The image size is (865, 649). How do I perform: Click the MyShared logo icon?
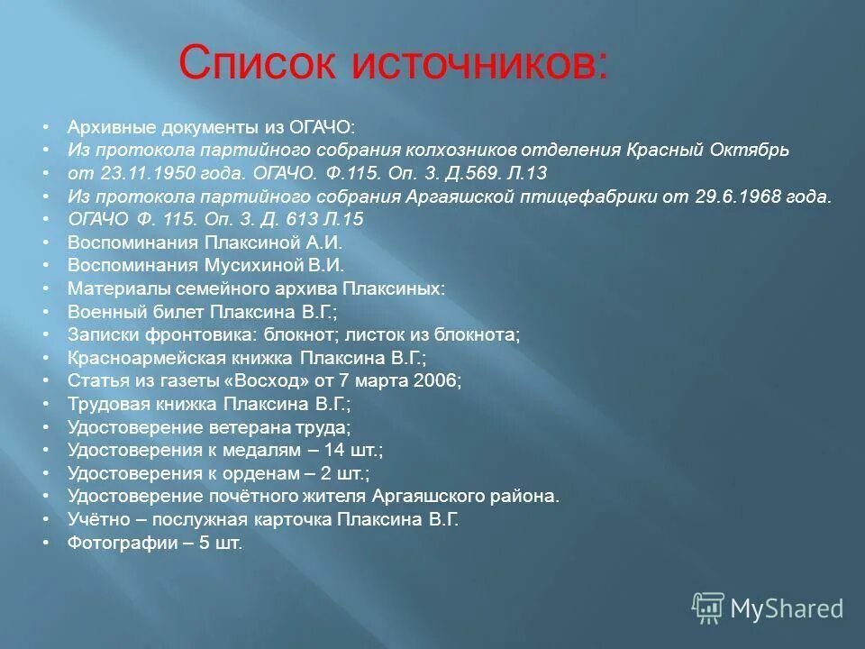point(707,608)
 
